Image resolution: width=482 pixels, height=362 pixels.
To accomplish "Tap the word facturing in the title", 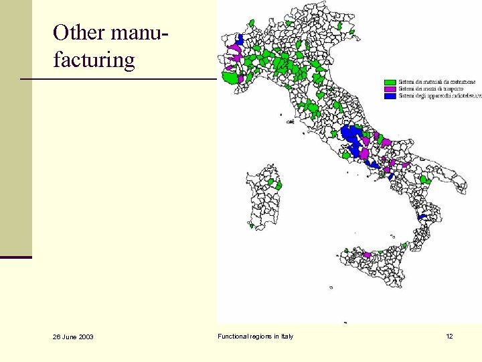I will [94, 60].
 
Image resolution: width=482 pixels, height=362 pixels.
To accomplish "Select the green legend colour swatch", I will [390, 82].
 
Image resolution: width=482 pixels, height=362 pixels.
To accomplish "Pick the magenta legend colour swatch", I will [390, 88].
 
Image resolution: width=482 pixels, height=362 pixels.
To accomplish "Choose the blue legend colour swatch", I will [390, 96].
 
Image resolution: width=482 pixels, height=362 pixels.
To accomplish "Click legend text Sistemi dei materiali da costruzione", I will [437, 82].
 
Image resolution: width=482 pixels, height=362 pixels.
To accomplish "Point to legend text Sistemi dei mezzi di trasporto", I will [430, 88].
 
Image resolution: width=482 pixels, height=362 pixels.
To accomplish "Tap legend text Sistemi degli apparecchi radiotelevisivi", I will [439, 96].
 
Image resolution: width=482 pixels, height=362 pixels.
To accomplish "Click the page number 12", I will [449, 336].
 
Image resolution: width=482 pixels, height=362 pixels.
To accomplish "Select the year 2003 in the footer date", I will [85, 337].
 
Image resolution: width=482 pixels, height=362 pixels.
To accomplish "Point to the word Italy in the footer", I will [286, 336].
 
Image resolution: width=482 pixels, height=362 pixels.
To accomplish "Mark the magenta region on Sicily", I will [366, 255].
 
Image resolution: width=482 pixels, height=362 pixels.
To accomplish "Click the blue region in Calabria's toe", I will [422, 217].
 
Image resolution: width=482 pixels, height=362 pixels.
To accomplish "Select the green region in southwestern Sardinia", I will [252, 225].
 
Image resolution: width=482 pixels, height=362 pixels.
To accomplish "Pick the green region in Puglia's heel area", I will [424, 180].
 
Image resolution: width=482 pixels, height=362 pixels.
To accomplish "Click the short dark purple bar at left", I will [16, 257].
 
